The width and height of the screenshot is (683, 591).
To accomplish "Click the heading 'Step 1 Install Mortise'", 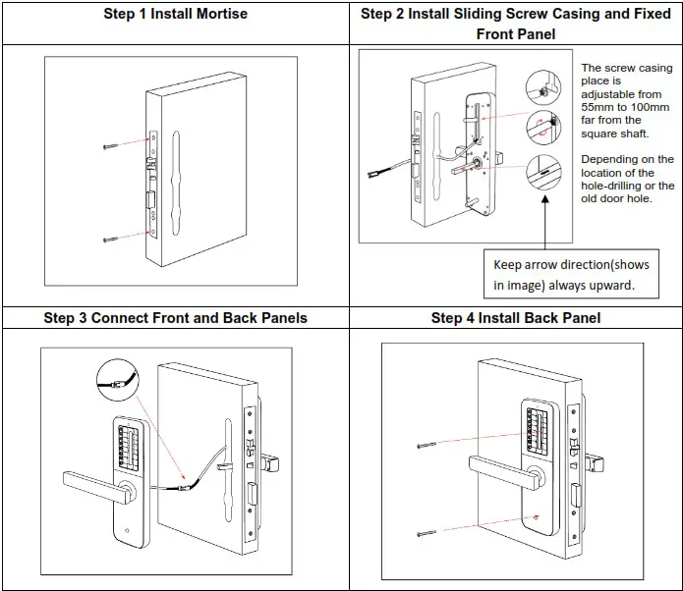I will [x=175, y=15].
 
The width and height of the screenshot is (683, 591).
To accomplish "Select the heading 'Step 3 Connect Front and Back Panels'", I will [x=175, y=318].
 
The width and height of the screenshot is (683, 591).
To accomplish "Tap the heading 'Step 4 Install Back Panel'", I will [x=516, y=318].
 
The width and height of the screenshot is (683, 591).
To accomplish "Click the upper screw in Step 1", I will [x=114, y=146].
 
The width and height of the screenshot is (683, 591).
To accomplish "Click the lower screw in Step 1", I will [x=114, y=239].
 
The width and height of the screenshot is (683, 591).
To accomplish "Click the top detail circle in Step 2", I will [x=541, y=84].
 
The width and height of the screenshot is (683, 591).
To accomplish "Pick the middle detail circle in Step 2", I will [x=541, y=125].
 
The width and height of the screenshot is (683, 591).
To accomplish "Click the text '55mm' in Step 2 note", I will [x=598, y=107].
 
